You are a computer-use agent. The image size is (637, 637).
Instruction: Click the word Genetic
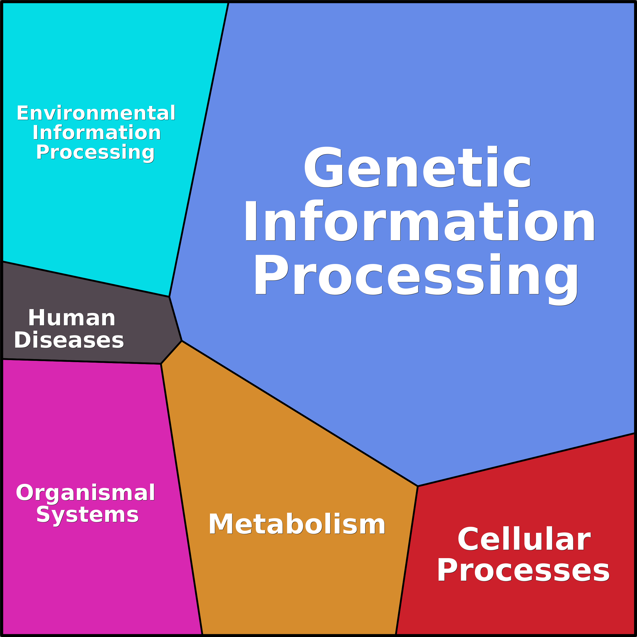(417, 168)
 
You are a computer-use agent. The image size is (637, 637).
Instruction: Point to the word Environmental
(96, 113)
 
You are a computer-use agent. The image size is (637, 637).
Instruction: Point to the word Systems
(87, 515)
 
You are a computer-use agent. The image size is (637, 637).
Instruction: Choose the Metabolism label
(297, 524)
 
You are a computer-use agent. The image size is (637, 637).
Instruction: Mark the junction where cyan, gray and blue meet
(169, 296)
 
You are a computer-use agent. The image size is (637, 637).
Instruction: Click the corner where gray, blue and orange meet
(182, 341)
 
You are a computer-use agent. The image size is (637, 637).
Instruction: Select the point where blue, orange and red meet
(418, 486)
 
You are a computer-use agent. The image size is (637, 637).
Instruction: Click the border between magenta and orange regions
(181, 498)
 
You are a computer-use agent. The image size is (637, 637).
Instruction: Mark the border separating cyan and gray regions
(86, 279)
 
